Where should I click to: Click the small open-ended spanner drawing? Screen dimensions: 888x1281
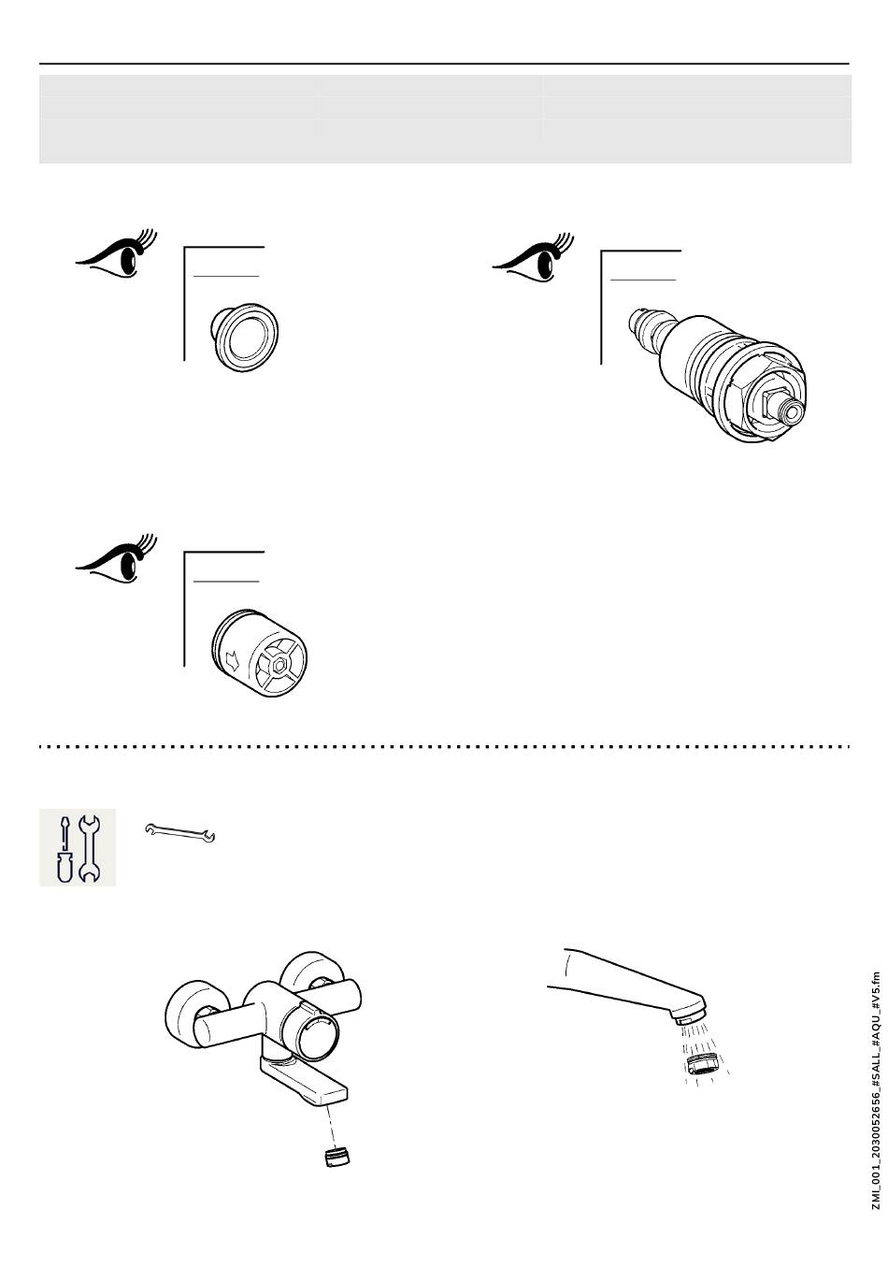(180, 831)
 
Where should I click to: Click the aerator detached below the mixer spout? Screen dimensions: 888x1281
(337, 1157)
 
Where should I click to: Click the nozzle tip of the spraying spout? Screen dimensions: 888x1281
(692, 1011)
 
